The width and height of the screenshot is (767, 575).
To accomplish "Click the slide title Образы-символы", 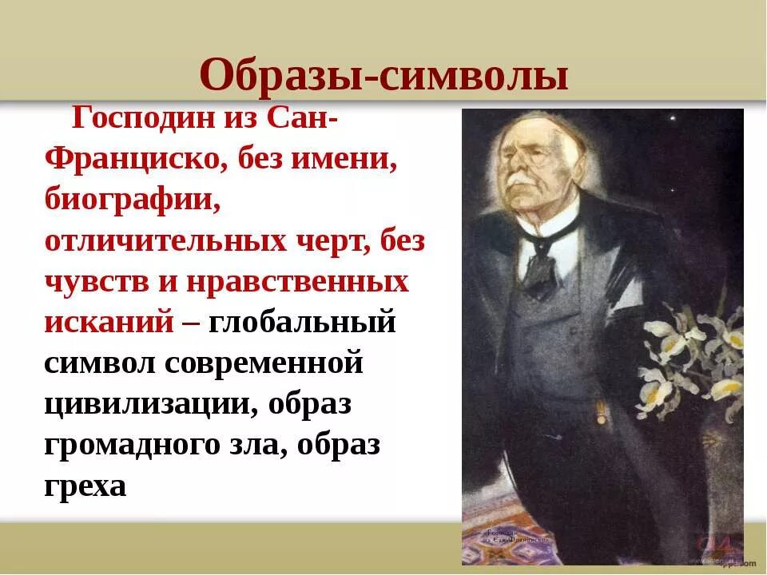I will coord(384,76).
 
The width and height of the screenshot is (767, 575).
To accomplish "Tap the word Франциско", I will coord(133,163).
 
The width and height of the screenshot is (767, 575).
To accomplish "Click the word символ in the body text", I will coord(99,363).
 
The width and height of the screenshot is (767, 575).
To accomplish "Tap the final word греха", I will coord(86,485).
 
